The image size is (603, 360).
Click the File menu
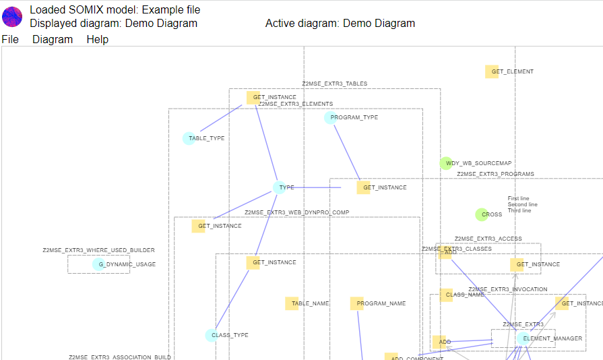pos(10,40)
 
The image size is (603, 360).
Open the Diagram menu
pos(53,40)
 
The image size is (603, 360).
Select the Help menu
pos(97,40)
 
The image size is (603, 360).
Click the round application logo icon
pos(13,16)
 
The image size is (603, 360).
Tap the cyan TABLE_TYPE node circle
pos(189,138)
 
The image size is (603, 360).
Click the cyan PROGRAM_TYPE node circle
pos(330,117)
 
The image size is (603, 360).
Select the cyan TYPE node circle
pos(279,187)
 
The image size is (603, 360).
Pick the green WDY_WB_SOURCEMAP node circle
pos(446,163)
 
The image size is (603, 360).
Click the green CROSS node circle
pos(481,214)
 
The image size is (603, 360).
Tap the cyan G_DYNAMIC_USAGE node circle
pos(98,264)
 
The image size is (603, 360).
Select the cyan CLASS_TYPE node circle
pos(211,335)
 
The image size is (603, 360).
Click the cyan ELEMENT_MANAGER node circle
pos(523,338)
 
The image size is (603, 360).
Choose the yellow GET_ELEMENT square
pos(492,71)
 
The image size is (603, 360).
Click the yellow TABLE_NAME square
pos(292,303)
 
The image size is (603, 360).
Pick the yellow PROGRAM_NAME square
pos(356,303)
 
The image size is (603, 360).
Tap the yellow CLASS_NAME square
pos(446,295)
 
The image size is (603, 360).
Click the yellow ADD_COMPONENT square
pos(391,357)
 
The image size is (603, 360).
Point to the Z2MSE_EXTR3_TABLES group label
pos(334,84)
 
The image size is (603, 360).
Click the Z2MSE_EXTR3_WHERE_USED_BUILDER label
pos(98,250)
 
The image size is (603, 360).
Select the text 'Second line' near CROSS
pos(522,204)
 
